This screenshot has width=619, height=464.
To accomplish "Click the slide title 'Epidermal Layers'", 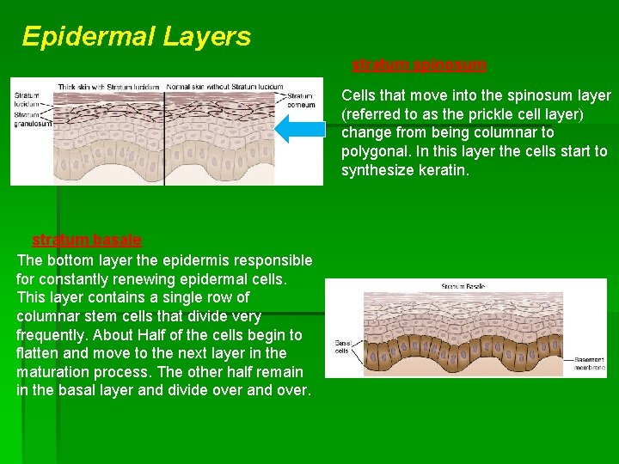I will click(137, 36).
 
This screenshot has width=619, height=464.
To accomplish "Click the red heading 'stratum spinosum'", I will click(419, 64).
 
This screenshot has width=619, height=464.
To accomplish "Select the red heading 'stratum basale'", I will click(86, 240).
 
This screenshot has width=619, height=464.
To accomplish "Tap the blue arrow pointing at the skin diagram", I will click(300, 130).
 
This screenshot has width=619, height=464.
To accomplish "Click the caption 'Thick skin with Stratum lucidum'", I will click(109, 87).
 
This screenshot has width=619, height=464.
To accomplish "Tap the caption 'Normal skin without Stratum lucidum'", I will click(224, 87).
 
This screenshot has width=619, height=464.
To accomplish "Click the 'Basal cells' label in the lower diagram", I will click(342, 345).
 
